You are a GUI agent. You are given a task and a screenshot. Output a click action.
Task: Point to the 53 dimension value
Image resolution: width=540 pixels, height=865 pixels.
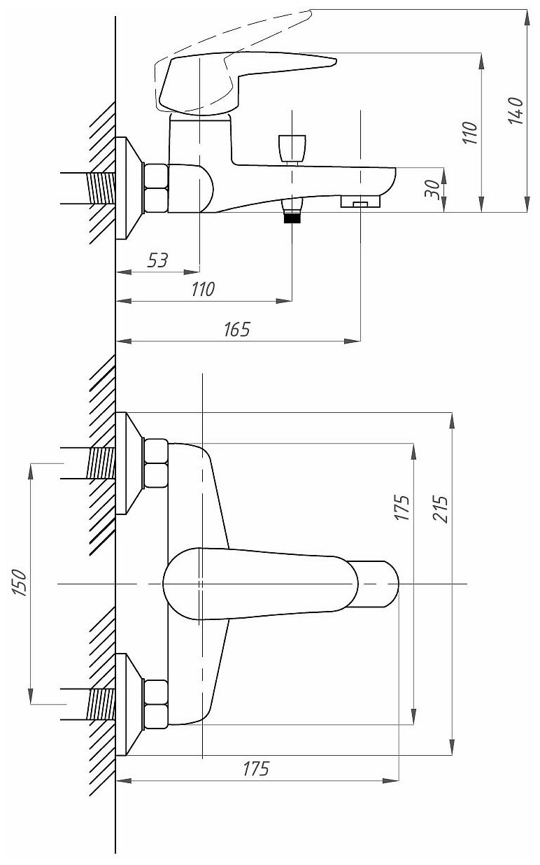[x=157, y=260]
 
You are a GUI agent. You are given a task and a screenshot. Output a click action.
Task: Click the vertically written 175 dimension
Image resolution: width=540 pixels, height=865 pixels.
[x=402, y=505]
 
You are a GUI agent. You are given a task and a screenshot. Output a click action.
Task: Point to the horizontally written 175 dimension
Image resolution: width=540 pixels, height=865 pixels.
[x=256, y=768]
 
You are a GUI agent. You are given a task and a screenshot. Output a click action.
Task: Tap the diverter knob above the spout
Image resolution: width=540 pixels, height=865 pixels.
[x=292, y=148]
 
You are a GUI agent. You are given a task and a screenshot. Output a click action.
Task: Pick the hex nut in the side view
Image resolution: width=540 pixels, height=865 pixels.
[x=155, y=188]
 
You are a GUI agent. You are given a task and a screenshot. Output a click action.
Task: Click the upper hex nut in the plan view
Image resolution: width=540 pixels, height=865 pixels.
[x=155, y=463]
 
